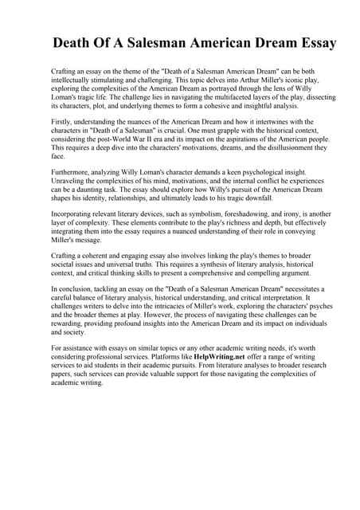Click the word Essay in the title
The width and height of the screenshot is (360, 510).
311,42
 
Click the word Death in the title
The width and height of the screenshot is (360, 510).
79,42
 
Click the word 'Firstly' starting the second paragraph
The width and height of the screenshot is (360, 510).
63,122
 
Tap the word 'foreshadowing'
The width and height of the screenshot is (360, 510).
233,214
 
